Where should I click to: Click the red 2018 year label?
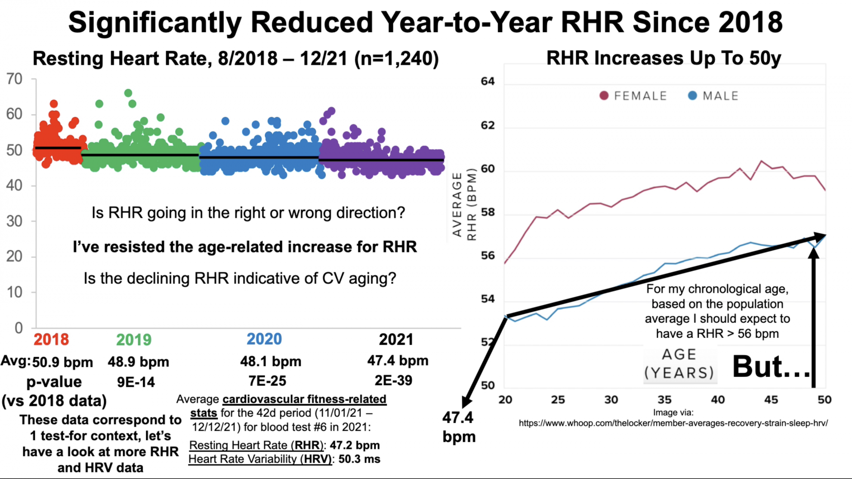coord(51,339)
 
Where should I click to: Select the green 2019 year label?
coord(134,340)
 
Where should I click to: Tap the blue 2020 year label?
coord(264,339)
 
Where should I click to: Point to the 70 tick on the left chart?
coord(14,79)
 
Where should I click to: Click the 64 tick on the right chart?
coord(488,81)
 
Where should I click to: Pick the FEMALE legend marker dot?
coord(604,95)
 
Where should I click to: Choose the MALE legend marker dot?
coord(692,95)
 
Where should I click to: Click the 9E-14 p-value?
coord(136,382)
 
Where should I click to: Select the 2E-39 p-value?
coord(393,380)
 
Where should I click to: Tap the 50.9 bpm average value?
coord(62,362)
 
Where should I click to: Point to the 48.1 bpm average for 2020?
coord(271,361)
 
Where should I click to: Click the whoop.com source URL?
coord(673,423)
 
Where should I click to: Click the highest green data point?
coord(128,93)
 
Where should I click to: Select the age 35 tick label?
coord(664,399)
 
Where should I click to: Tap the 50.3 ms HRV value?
coord(359,459)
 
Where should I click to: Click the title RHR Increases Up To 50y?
coord(664,58)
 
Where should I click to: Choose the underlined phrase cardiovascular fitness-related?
coord(304,399)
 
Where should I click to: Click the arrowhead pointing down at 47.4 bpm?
coord(466,402)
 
